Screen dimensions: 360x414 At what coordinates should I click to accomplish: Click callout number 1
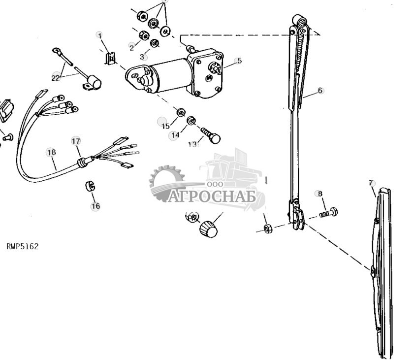click(x=100, y=35)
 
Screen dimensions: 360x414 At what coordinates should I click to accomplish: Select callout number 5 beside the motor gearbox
click(x=239, y=61)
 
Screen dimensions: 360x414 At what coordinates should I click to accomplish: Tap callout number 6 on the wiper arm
click(x=320, y=91)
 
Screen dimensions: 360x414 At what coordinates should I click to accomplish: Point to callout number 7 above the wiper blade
click(x=371, y=183)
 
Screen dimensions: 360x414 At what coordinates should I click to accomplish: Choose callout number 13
click(x=192, y=144)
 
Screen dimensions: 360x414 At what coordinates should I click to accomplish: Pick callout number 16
click(x=96, y=206)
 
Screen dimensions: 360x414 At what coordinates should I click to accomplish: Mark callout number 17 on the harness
click(x=75, y=141)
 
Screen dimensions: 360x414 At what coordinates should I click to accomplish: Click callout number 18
click(x=51, y=152)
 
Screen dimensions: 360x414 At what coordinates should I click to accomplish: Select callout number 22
click(x=56, y=77)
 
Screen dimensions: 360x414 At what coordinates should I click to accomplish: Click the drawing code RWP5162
click(x=22, y=246)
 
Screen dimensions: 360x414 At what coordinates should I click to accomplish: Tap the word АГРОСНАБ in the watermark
click(x=212, y=196)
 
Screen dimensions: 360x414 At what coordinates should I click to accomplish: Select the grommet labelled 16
click(x=90, y=187)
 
